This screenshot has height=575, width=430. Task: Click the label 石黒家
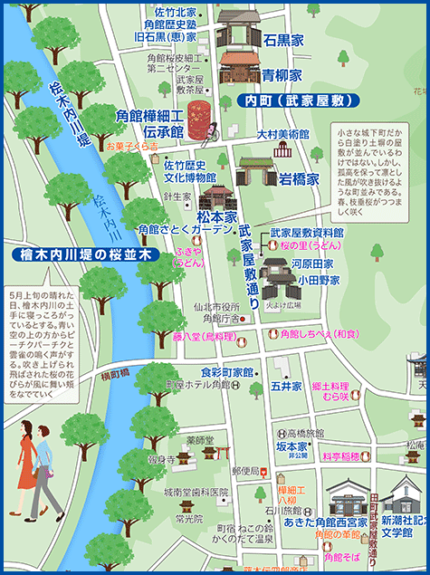[282, 41]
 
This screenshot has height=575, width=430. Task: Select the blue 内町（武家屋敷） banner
[292, 101]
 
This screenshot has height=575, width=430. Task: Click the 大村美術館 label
[282, 133]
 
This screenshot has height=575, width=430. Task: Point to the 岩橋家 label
[298, 178]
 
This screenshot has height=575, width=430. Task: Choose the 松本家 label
[217, 217]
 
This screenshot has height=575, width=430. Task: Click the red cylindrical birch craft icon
[200, 119]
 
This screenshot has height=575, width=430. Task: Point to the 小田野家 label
[319, 281]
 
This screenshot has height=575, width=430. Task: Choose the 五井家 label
[279, 386]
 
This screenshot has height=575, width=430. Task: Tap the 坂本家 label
[292, 446]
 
